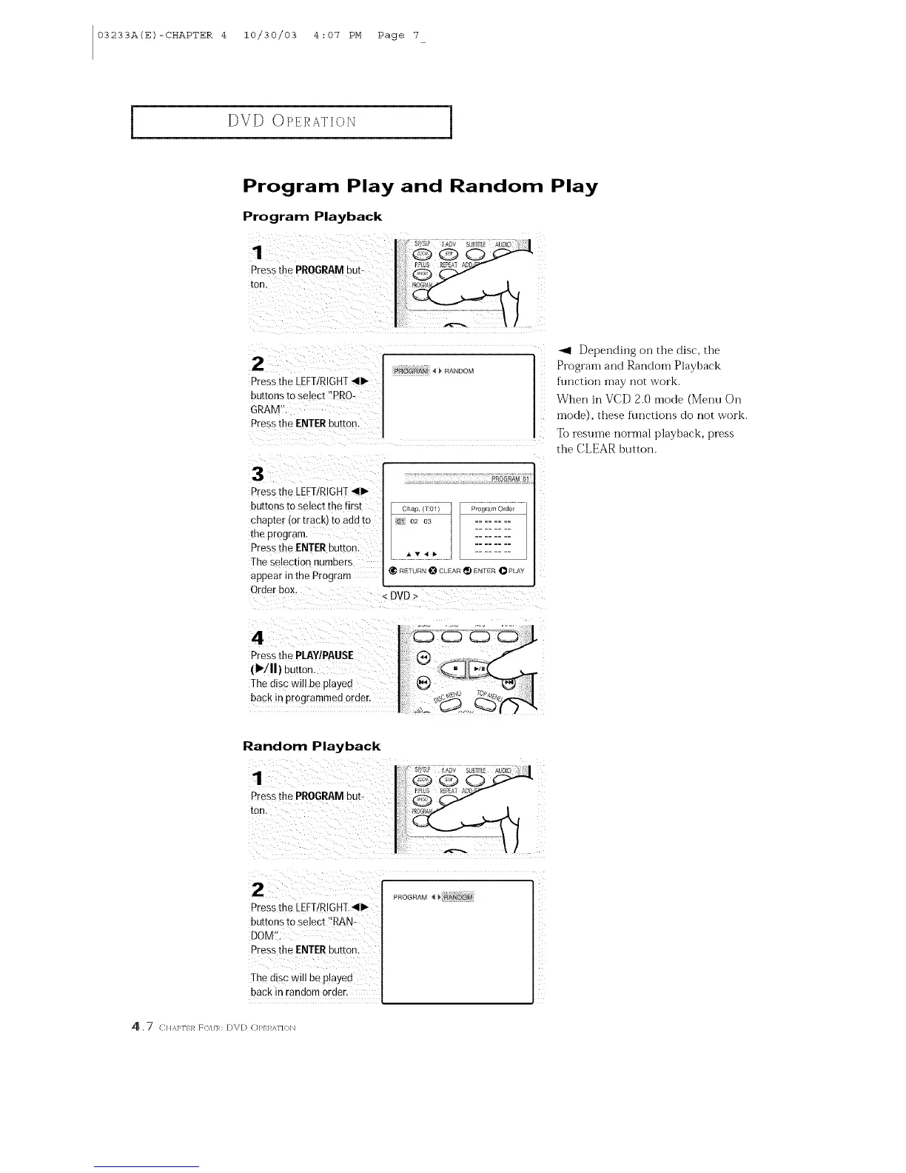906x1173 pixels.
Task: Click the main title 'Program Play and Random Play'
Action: point(420,186)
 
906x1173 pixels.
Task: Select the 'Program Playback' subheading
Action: point(312,217)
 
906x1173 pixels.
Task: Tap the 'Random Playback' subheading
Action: point(311,746)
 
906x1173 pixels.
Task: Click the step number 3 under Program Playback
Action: point(258,473)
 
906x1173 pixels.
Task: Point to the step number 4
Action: point(258,638)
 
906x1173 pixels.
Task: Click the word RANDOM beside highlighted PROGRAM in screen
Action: point(459,371)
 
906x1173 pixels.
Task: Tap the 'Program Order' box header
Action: point(492,509)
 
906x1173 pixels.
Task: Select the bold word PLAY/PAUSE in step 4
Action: point(323,655)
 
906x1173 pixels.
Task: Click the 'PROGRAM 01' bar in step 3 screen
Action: point(511,478)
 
